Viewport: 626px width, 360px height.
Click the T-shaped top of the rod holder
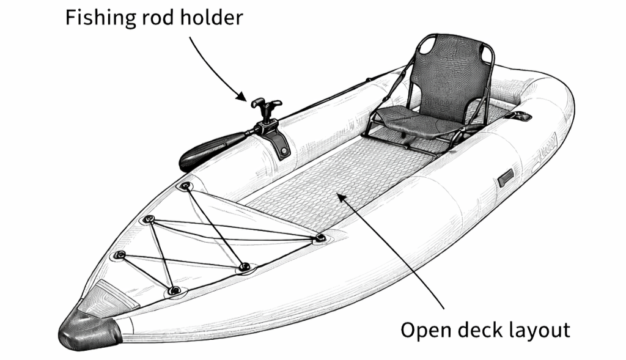pyautogui.click(x=266, y=105)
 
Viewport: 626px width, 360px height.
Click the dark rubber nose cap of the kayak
pyautogui.click(x=89, y=329)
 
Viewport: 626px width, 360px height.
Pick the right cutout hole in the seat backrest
pyautogui.click(x=485, y=52)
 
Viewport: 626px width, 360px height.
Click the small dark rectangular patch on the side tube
pyautogui.click(x=506, y=177)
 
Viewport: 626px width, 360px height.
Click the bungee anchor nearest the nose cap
pyautogui.click(x=174, y=290)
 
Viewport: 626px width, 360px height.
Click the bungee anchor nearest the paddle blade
pyautogui.click(x=185, y=186)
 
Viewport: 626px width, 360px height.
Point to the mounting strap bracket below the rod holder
pyautogui.click(x=279, y=142)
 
